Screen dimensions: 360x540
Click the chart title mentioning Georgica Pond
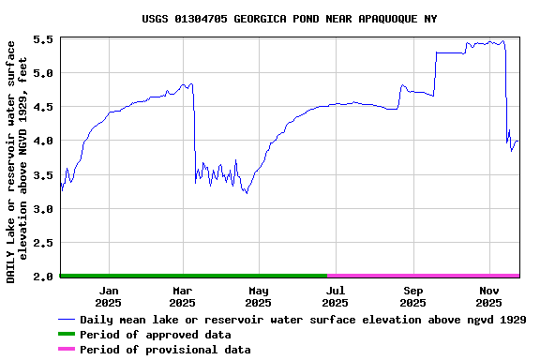[x=290, y=19]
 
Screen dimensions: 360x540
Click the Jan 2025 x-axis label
[x=109, y=296]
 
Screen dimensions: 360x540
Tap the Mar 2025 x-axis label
[x=183, y=296]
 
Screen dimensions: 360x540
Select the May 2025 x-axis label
[x=259, y=296]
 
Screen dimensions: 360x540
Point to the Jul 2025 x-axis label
[x=336, y=296]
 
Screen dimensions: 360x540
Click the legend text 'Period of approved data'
[x=155, y=335]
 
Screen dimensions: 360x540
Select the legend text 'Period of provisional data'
[x=165, y=350]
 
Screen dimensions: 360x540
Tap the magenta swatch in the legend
[x=66, y=350]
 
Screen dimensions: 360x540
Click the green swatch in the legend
[x=66, y=335]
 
